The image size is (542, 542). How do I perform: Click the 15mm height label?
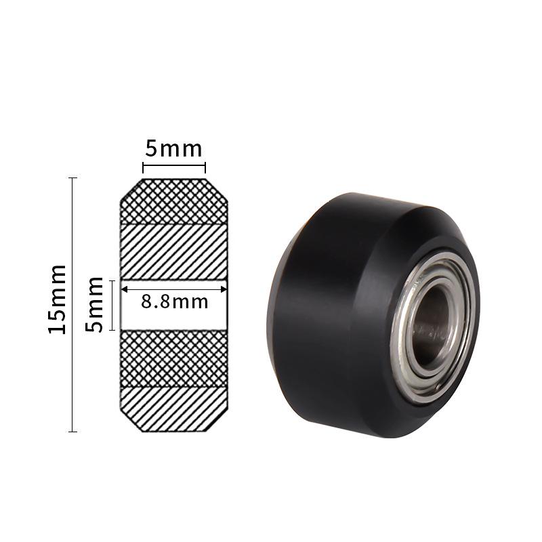(58, 298)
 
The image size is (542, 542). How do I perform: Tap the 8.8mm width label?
(174, 301)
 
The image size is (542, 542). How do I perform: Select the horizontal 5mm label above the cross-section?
(173, 148)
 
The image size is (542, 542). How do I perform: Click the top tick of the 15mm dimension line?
(73, 178)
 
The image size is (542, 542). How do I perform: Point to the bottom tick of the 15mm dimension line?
(73, 431)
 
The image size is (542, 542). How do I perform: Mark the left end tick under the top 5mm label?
(143, 167)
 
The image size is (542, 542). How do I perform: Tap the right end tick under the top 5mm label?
(205, 167)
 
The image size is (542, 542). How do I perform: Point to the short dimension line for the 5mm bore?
(113, 305)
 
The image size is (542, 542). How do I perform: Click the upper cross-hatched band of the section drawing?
(173, 202)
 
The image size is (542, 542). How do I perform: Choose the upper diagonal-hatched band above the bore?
(173, 251)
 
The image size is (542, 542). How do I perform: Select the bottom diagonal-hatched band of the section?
(173, 408)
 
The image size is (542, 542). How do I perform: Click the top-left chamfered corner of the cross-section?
(131, 190)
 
